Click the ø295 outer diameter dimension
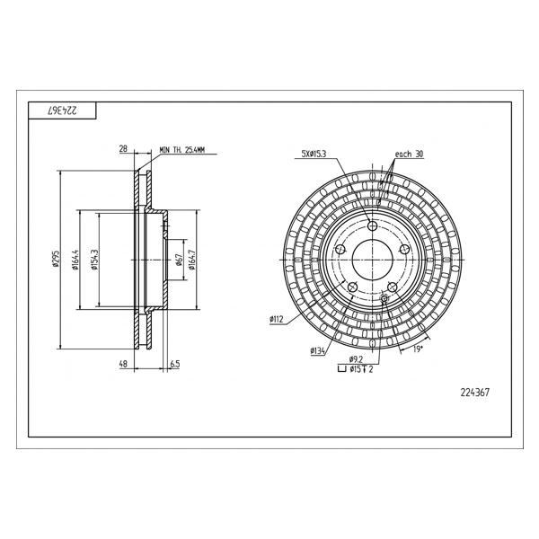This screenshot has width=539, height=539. (57, 260)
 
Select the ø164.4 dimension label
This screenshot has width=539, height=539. (75, 260)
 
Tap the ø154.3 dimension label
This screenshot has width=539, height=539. (95, 260)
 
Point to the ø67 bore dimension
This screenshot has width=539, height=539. (179, 260)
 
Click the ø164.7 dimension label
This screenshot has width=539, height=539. (192, 260)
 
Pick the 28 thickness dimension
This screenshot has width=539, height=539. (123, 148)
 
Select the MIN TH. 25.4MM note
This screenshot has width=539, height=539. (181, 150)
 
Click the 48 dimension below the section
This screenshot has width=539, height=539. (123, 363)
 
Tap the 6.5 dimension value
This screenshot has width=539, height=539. (175, 363)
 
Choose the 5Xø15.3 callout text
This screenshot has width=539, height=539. (314, 154)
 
